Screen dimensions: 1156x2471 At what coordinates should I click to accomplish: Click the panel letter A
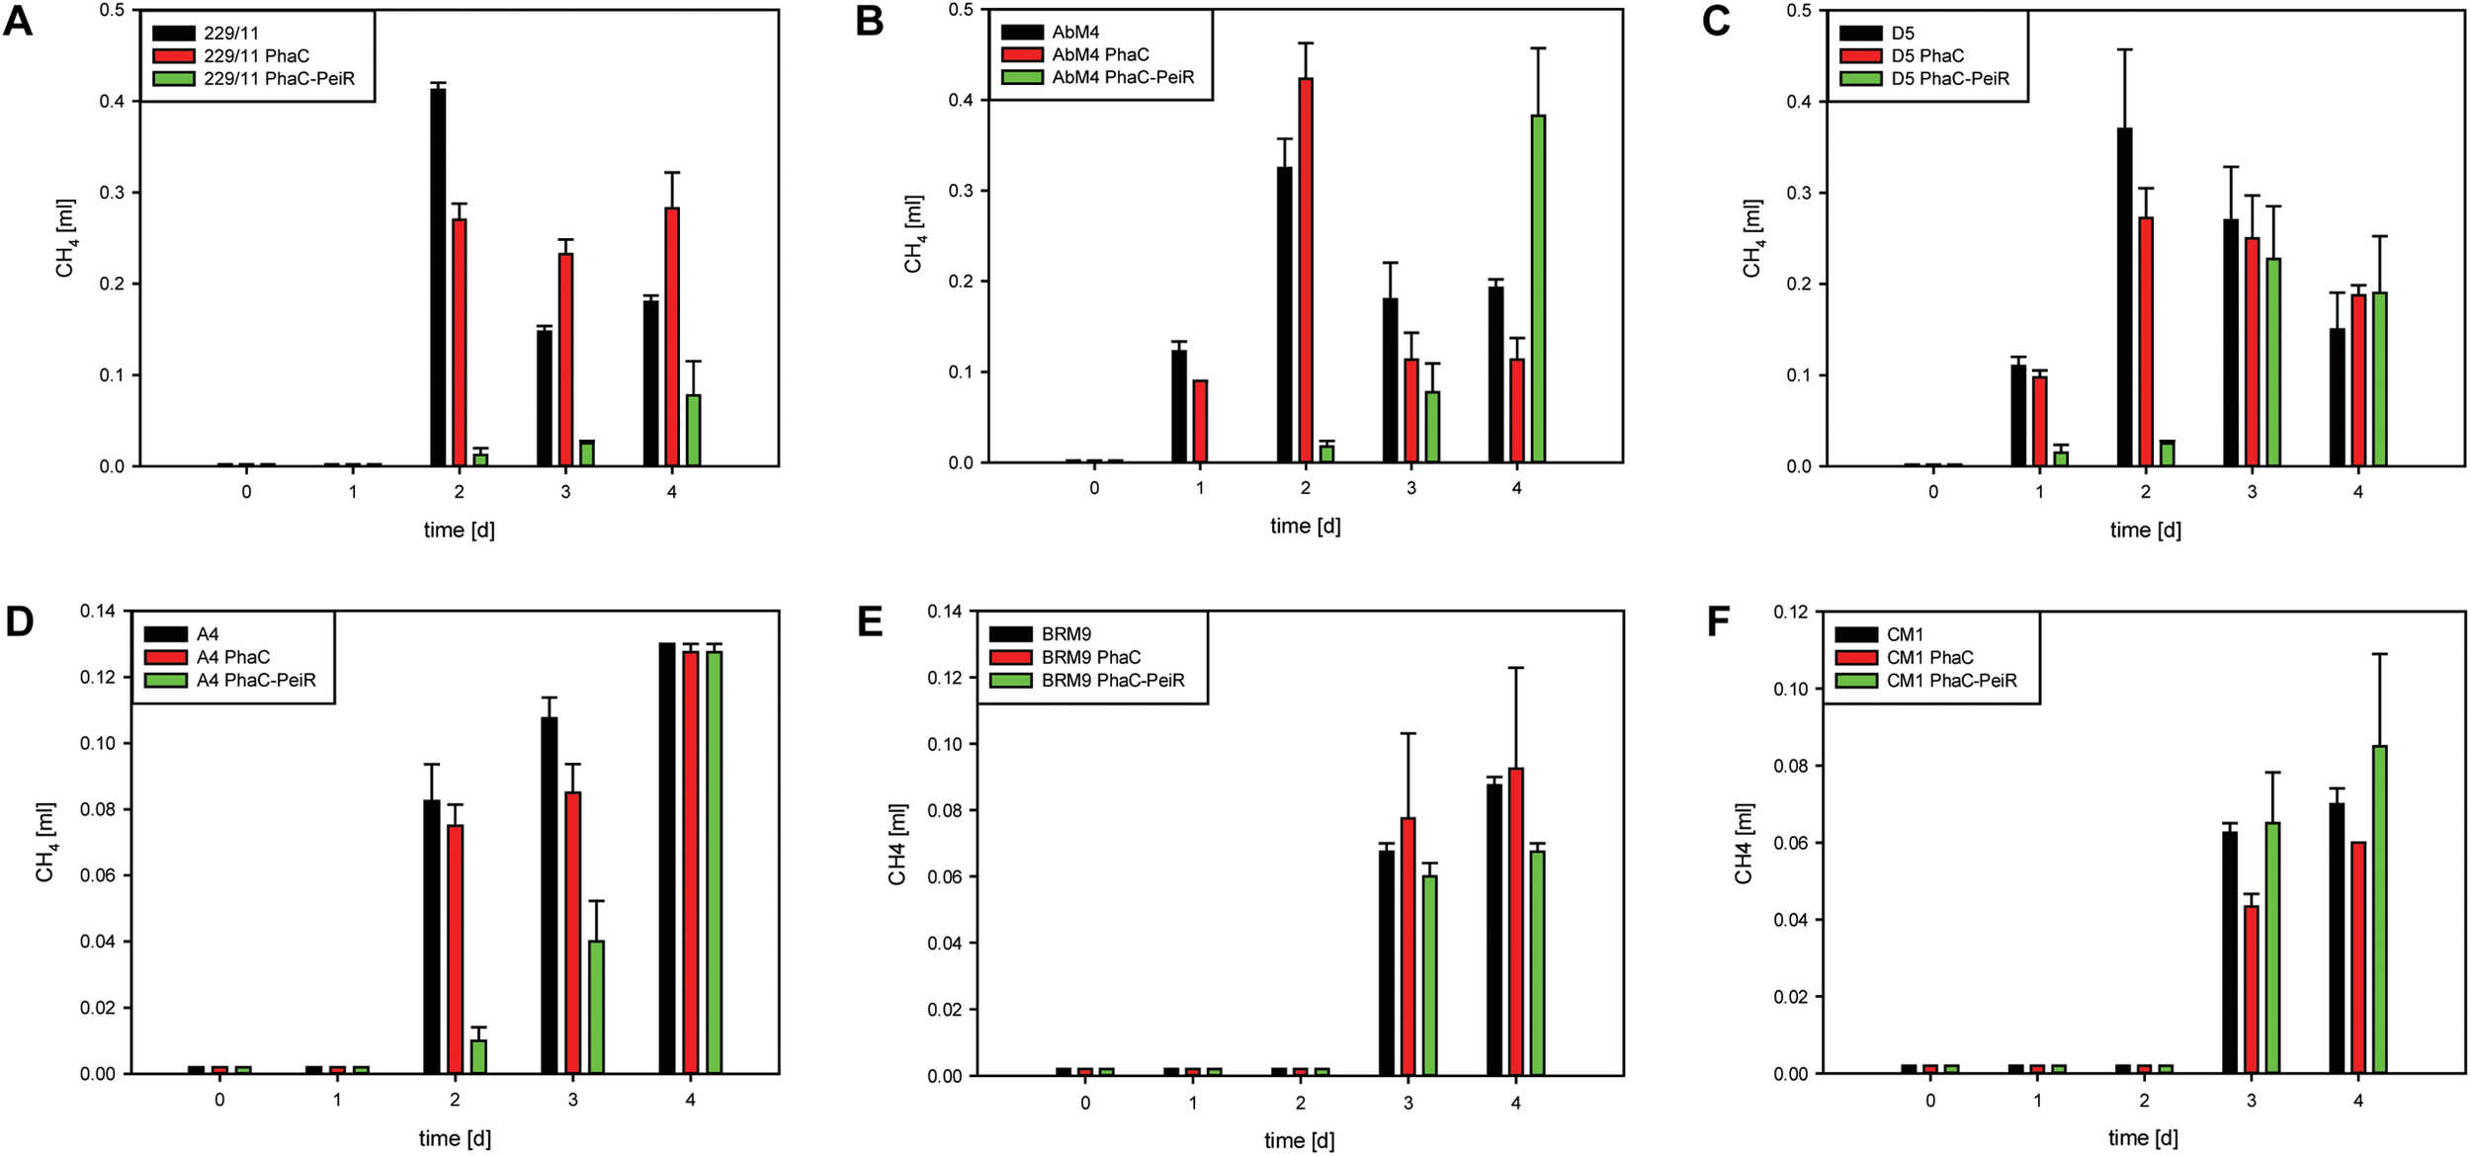click(x=18, y=22)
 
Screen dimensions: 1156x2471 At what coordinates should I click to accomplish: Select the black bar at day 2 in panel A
click(x=438, y=277)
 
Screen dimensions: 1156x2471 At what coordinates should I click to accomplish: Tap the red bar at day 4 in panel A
click(x=672, y=336)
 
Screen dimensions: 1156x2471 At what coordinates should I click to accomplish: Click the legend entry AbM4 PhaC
click(x=1100, y=54)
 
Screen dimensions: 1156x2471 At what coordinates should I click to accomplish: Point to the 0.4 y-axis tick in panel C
click(x=1800, y=102)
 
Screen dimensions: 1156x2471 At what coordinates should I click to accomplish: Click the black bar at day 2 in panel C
click(x=2124, y=296)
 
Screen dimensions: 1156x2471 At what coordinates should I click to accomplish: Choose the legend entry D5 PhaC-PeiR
click(x=1949, y=79)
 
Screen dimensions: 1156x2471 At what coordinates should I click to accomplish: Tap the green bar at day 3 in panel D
click(x=596, y=1007)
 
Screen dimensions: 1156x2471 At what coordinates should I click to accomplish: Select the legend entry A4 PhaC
click(x=232, y=657)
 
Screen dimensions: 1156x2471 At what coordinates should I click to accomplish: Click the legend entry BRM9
click(x=1065, y=634)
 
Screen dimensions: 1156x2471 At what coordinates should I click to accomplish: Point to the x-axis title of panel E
click(x=1299, y=1140)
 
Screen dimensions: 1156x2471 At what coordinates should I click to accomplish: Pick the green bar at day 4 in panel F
click(x=2379, y=909)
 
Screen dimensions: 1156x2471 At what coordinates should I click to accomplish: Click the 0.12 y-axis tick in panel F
click(x=1791, y=613)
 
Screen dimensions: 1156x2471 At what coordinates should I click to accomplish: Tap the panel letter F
click(x=1718, y=622)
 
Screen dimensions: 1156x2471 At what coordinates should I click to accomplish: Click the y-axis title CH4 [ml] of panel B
click(x=913, y=233)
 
